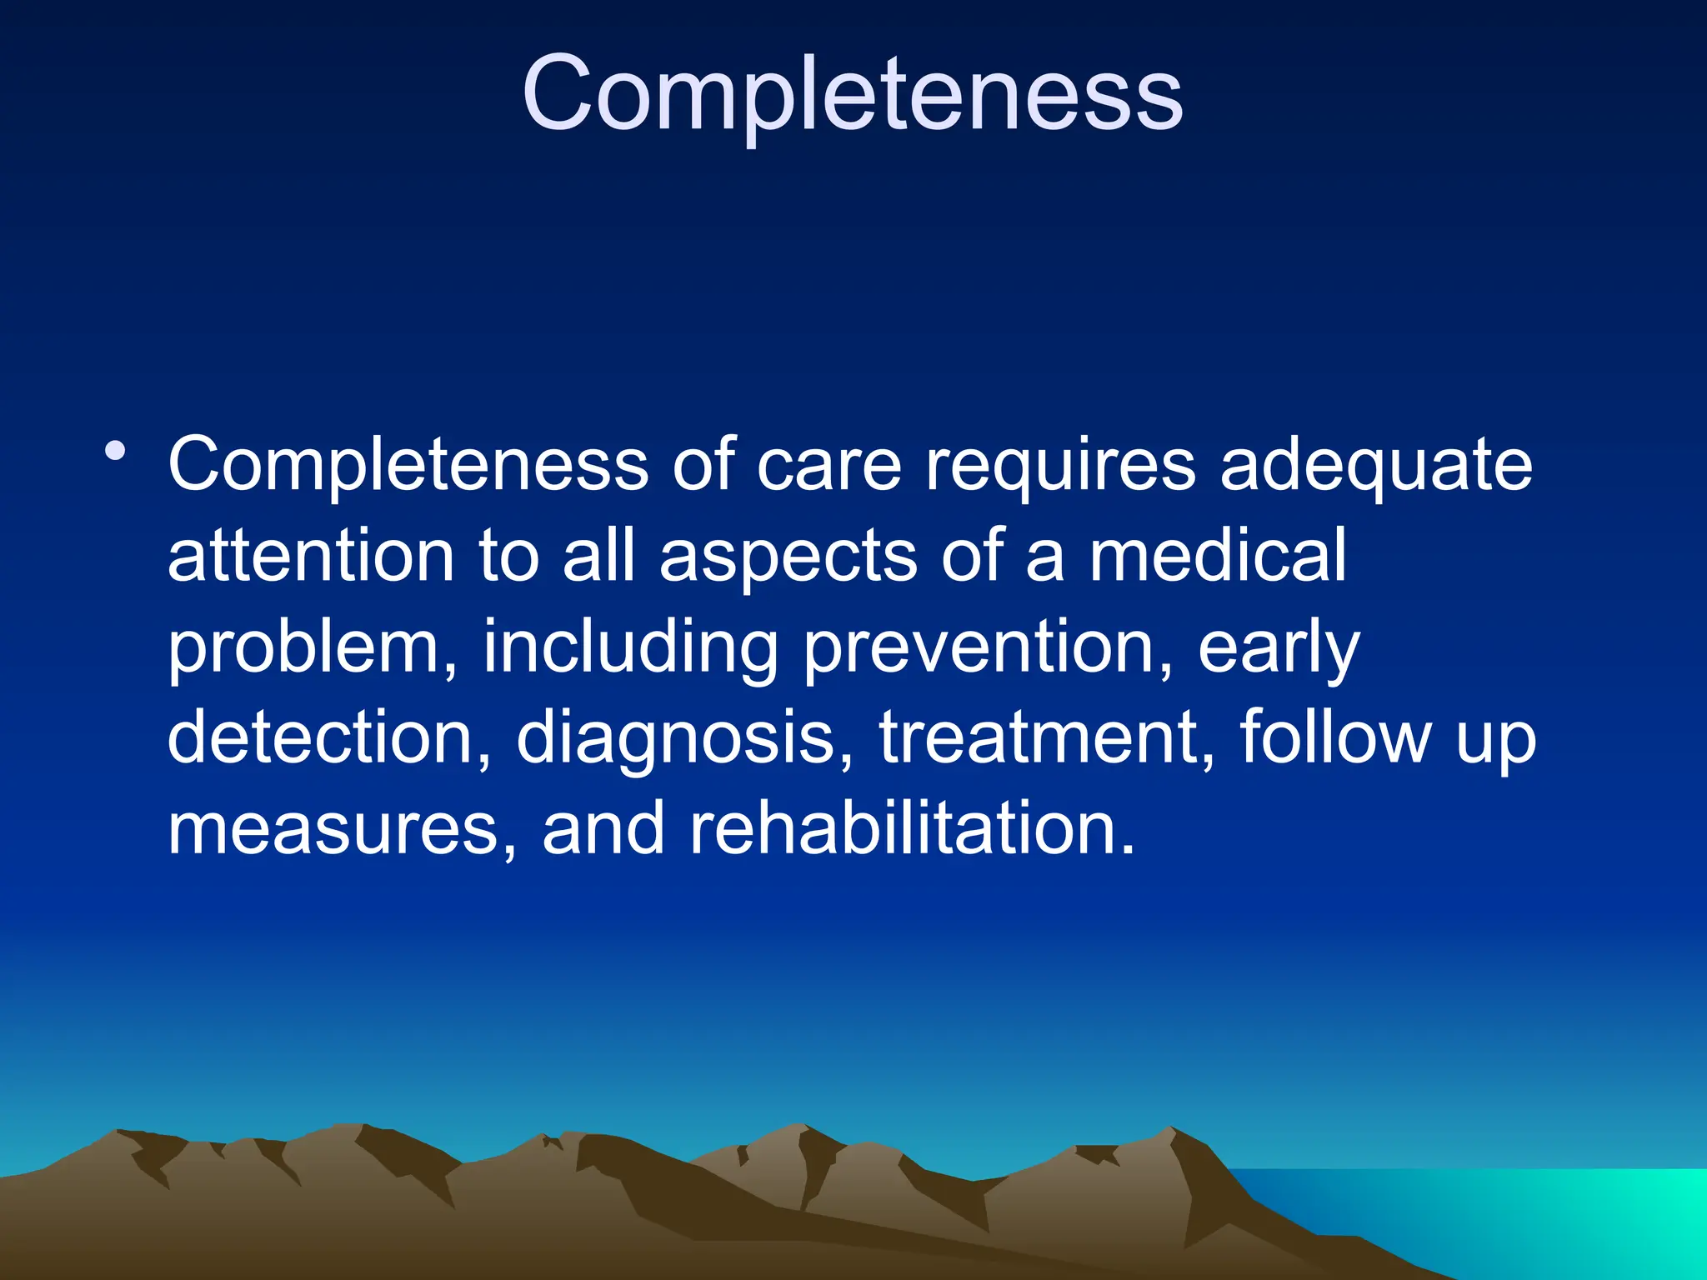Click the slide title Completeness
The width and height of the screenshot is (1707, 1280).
[852, 93]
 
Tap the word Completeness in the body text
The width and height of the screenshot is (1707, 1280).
[408, 465]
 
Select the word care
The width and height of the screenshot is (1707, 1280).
[828, 465]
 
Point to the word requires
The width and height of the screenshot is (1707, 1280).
[1060, 465]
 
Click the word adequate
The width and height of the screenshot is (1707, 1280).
[1375, 465]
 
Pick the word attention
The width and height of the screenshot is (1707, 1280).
[311, 556]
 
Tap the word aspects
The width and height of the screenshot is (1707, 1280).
[788, 556]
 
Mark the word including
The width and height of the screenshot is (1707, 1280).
[629, 647]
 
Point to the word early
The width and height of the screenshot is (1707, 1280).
[1279, 647]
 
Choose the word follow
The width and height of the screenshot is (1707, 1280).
[1334, 737]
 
